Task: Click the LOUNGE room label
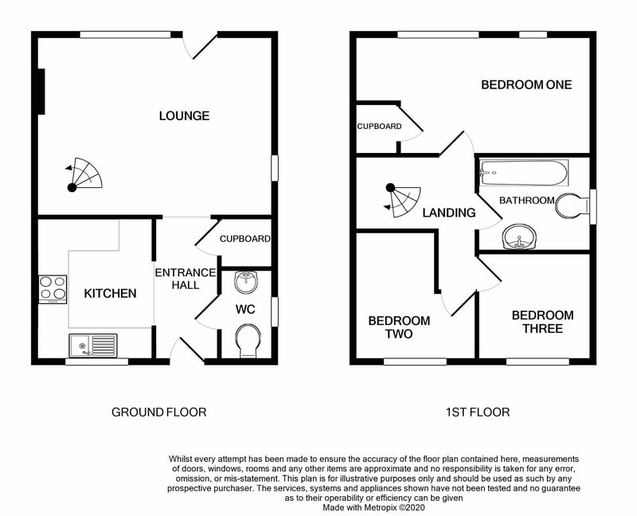[184, 115]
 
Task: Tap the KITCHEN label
[110, 293]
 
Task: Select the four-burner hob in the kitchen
[53, 289]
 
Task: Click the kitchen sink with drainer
[93, 346]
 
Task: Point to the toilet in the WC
[248, 341]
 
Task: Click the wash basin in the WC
[247, 282]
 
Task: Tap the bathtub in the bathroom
[524, 173]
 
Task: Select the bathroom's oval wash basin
[520, 236]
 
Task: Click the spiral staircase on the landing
[402, 201]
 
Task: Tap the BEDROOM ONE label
[526, 84]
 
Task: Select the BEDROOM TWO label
[400, 327]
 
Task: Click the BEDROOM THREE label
[543, 322]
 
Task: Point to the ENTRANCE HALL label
[186, 279]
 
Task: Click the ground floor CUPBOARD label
[245, 239]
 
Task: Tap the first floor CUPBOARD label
[380, 127]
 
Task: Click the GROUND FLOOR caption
[158, 412]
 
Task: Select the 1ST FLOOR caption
[478, 412]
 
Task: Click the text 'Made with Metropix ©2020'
[373, 507]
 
